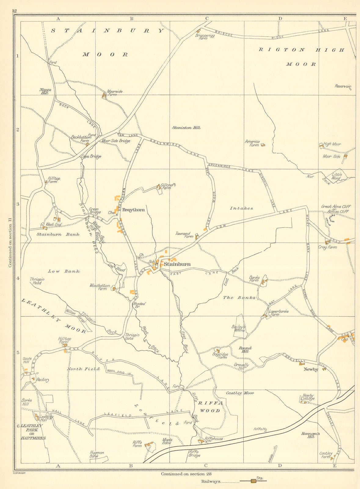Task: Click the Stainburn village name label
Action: coord(177,264)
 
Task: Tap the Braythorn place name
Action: coord(133,210)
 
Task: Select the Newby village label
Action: coord(311,370)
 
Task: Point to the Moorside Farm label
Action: coord(115,93)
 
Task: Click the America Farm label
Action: coord(252,143)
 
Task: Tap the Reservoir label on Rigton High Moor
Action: coord(343,86)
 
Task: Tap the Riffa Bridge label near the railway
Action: coord(194,454)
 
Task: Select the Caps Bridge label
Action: coord(91,156)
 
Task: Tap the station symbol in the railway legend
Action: coord(253,481)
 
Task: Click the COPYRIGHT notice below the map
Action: coord(20,473)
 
